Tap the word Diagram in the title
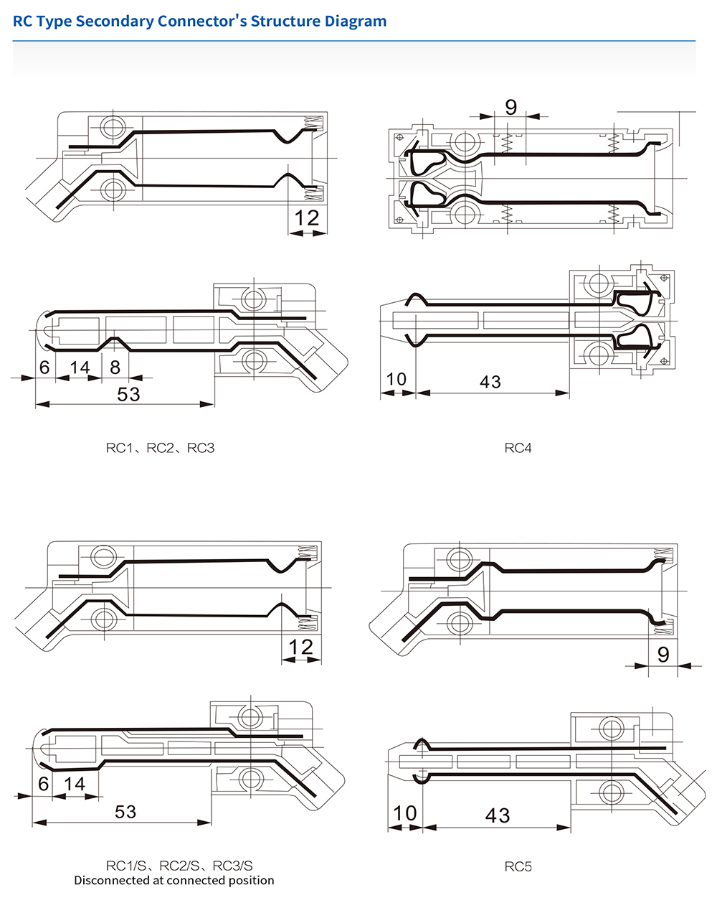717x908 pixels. pyautogui.click(x=356, y=21)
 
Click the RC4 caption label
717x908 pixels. pyautogui.click(x=518, y=448)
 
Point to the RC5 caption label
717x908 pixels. pyautogui.click(x=518, y=866)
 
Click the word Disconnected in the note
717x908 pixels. pyautogui.click(x=110, y=880)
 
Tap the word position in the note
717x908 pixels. pyautogui.click(x=251, y=880)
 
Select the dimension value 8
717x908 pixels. pyautogui.click(x=115, y=368)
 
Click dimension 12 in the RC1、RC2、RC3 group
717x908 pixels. pyautogui.click(x=307, y=217)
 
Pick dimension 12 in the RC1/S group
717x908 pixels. pyautogui.click(x=301, y=647)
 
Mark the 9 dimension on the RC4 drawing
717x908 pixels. pyautogui.click(x=511, y=107)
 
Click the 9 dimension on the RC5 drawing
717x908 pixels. pyautogui.click(x=663, y=654)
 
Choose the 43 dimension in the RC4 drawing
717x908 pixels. pyautogui.click(x=490, y=382)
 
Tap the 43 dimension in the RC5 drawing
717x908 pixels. pyautogui.click(x=497, y=815)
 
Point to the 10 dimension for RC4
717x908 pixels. pyautogui.click(x=397, y=379)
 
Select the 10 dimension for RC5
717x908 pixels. pyautogui.click(x=404, y=813)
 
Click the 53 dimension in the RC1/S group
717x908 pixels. pyautogui.click(x=125, y=811)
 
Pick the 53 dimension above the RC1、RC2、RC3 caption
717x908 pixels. pyautogui.click(x=128, y=394)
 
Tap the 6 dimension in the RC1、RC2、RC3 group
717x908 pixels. pyautogui.click(x=44, y=368)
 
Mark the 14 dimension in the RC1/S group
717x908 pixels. pyautogui.click(x=74, y=784)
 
